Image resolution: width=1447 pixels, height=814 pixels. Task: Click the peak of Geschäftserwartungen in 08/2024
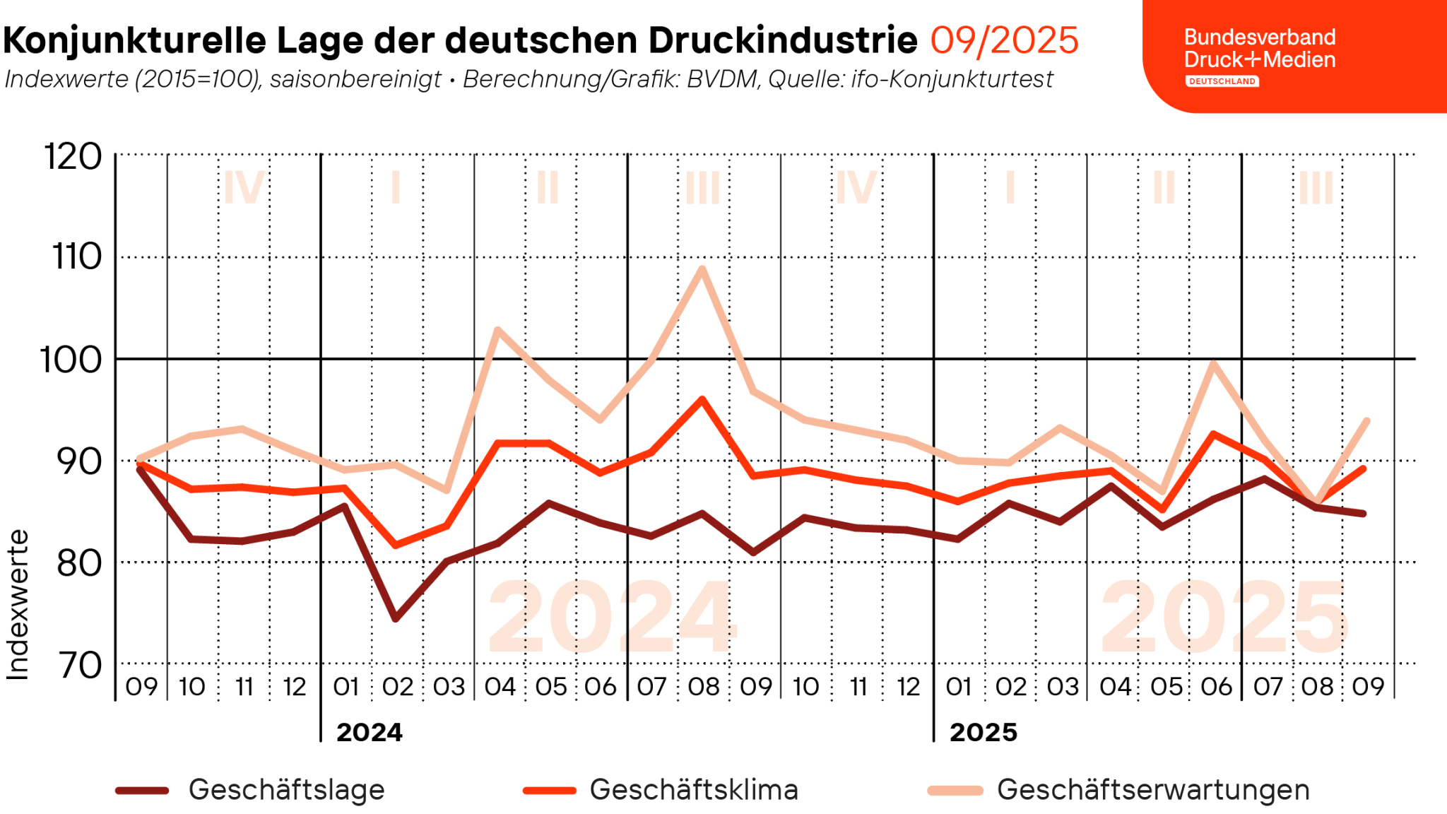[x=702, y=269]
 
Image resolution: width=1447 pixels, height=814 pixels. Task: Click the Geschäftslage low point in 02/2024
[x=396, y=619]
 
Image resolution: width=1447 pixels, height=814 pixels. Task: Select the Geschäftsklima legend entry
[x=661, y=790]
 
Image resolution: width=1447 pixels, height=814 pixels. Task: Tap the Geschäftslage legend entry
[x=251, y=790]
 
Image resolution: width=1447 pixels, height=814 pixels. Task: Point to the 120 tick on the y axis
[x=73, y=156]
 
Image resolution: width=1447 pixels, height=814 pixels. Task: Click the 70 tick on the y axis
[x=80, y=665]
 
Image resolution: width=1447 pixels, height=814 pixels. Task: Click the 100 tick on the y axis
[x=71, y=360]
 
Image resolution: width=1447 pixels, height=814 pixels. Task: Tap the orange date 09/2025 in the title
[x=1004, y=40]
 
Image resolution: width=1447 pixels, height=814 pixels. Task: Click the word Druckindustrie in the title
[x=783, y=40]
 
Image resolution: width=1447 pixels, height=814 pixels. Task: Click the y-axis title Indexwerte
[x=17, y=605]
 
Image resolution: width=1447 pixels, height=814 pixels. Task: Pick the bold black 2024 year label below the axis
[x=369, y=733]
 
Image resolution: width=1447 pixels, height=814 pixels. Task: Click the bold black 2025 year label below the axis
[x=983, y=733]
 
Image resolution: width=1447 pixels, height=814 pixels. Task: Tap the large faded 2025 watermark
[x=1224, y=617]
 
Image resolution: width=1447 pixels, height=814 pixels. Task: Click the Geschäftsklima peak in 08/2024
[x=702, y=399]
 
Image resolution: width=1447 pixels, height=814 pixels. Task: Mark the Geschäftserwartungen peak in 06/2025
[x=1213, y=363]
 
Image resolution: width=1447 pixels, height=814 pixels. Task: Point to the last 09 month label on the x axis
[x=1368, y=687]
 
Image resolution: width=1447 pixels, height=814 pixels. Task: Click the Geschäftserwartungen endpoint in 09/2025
[x=1366, y=421]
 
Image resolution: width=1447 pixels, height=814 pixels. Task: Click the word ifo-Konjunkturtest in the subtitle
[x=952, y=79]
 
